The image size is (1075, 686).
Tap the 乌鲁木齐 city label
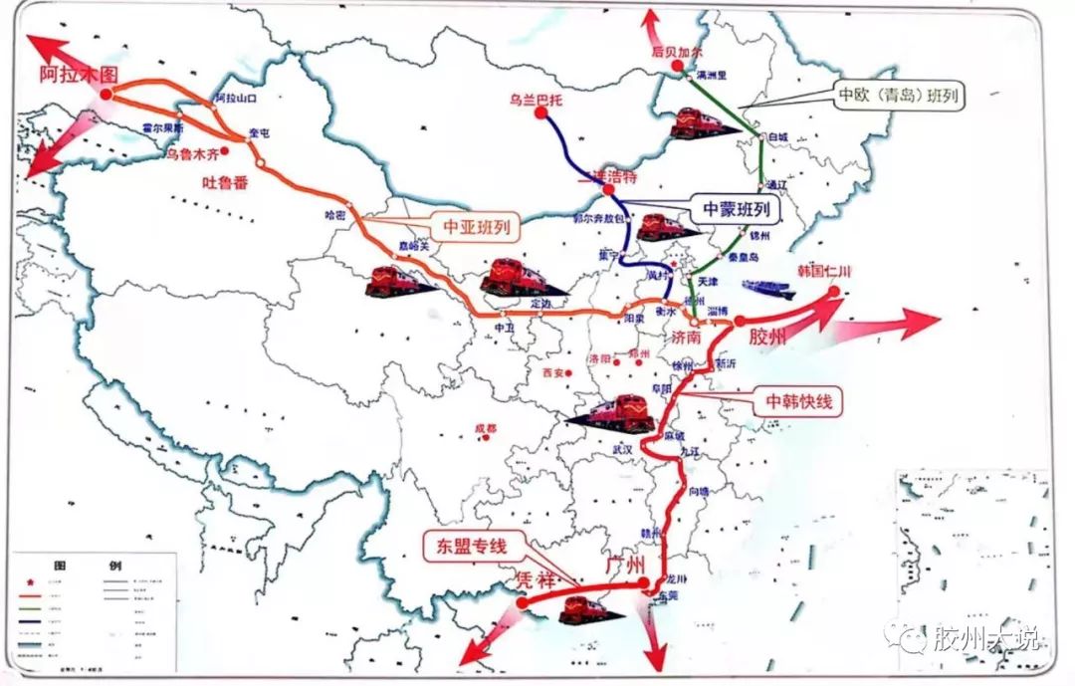click(191, 154)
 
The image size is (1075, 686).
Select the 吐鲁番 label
click(225, 183)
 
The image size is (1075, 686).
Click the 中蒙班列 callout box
click(737, 209)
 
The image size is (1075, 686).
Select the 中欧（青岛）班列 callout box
click(902, 95)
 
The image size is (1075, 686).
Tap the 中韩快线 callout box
click(798, 401)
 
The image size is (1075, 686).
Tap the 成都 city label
click(485, 429)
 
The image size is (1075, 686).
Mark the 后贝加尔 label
click(677, 49)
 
